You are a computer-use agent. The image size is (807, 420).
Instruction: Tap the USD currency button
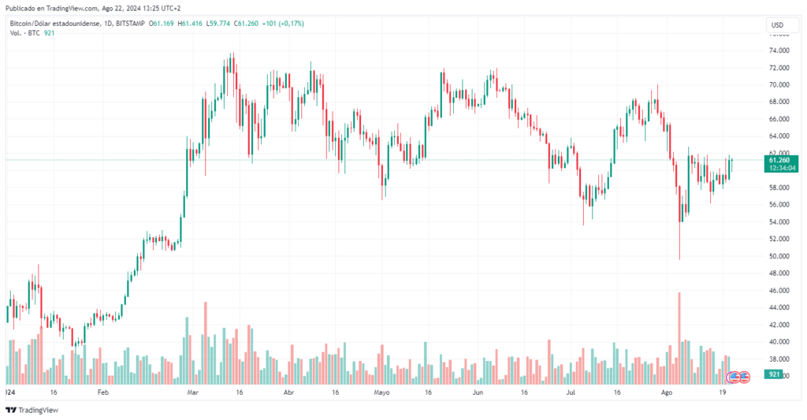pos(776,26)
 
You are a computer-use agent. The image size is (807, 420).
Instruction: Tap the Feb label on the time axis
pos(102,392)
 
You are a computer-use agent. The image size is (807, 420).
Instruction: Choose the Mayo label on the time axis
pos(381,392)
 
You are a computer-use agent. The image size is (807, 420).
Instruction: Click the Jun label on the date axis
pos(477,392)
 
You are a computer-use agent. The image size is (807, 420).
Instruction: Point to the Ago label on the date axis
pos(667,392)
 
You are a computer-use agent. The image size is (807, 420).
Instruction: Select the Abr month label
pos(288,392)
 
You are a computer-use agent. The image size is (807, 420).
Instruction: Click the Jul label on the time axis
pos(571,392)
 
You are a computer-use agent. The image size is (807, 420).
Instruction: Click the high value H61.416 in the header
pos(191,24)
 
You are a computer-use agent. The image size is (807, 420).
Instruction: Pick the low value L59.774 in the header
pos(220,24)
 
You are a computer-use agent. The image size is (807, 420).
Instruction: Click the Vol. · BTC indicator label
pos(24,33)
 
